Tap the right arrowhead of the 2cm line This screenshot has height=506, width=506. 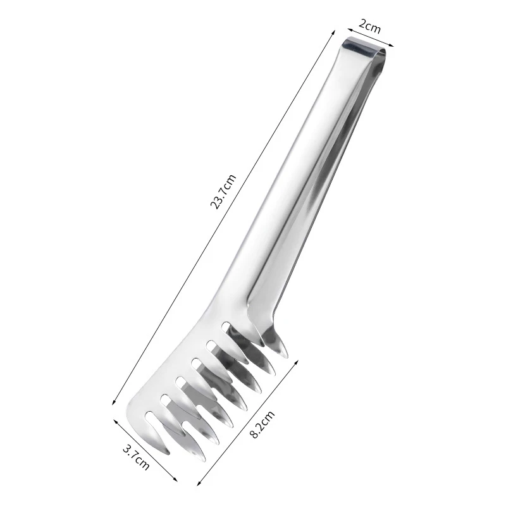pos(393,45)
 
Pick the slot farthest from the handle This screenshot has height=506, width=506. pos(151,416)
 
